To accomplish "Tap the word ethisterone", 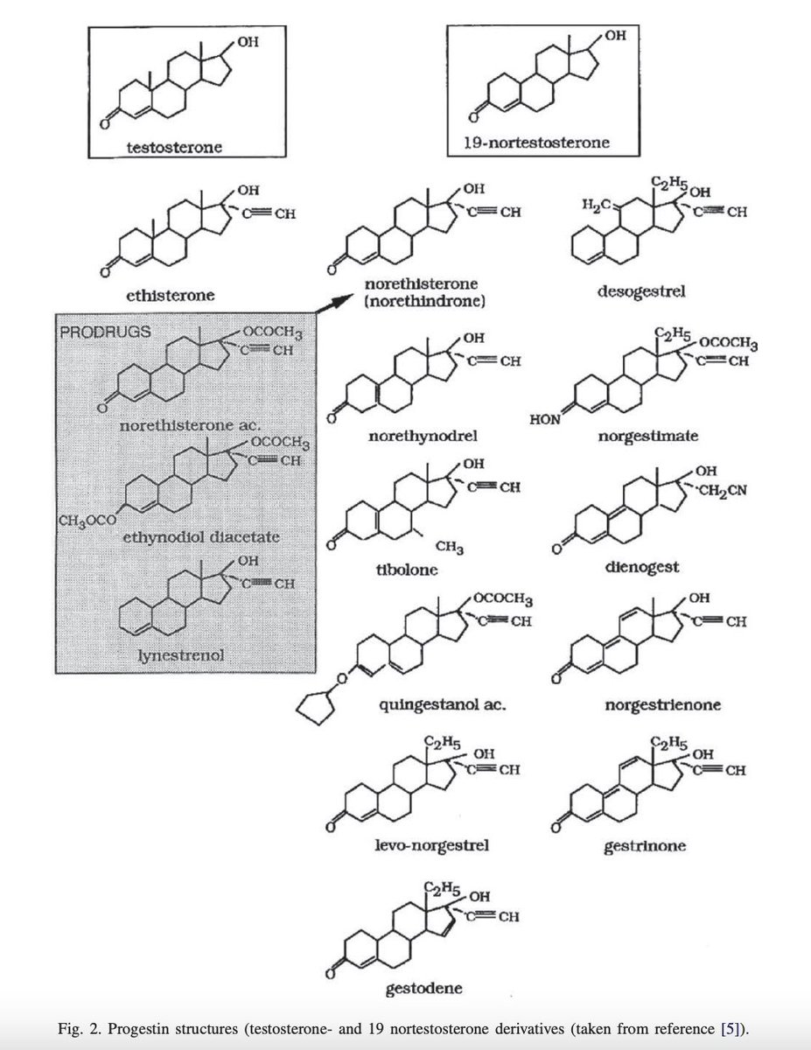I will (171, 296).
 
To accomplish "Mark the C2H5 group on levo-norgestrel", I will (442, 743).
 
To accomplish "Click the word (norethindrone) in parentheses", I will (426, 301).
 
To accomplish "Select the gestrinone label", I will (644, 846).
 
